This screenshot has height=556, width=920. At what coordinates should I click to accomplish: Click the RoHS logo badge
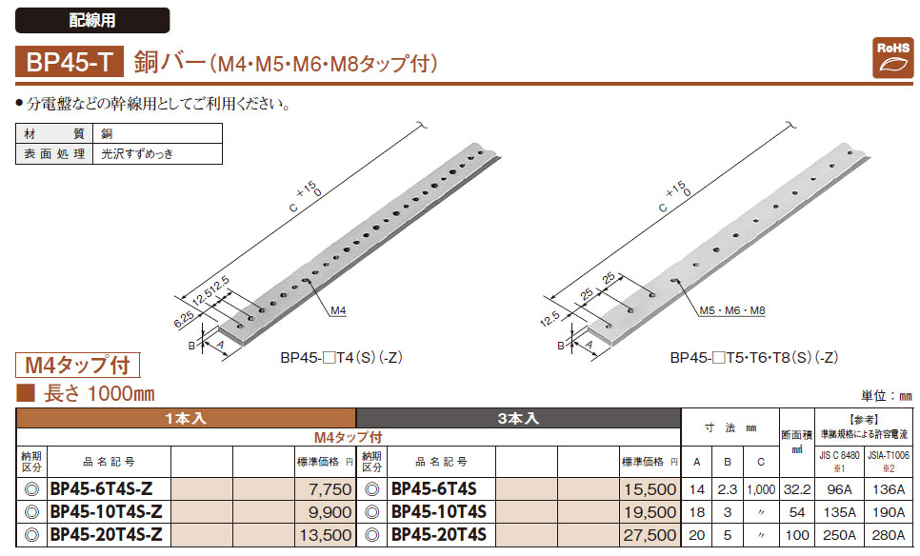click(x=892, y=58)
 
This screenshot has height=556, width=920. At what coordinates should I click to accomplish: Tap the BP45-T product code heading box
click(x=70, y=62)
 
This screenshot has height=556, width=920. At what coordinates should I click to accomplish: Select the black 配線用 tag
click(x=92, y=21)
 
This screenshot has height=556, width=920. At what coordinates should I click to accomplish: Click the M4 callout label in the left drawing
click(x=338, y=310)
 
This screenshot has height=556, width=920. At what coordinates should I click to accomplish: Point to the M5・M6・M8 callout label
click(x=732, y=310)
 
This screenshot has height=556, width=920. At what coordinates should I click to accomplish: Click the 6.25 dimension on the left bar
click(x=184, y=319)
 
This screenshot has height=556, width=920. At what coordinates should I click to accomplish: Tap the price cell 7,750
click(x=325, y=489)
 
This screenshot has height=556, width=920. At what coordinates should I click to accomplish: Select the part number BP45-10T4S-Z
click(x=107, y=512)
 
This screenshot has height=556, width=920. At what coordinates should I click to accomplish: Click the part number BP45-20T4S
click(x=439, y=535)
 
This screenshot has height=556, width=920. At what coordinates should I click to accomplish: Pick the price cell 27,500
click(x=650, y=535)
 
